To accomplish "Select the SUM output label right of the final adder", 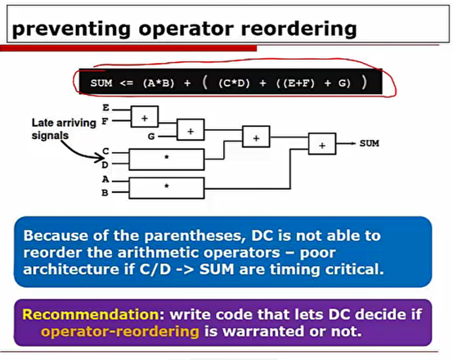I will (369, 143).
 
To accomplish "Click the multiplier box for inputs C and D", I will (167, 159).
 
